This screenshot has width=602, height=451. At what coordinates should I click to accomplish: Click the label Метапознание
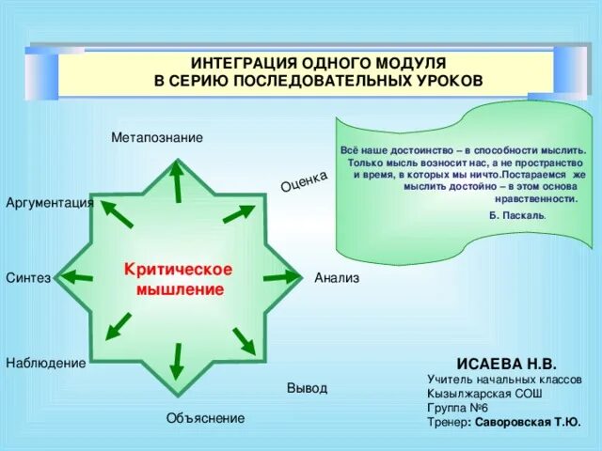(156, 138)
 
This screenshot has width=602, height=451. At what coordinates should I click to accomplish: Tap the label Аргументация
(49, 203)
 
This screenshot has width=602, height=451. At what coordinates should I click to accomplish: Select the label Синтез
(27, 278)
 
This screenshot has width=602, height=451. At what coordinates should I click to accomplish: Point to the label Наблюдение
(45, 363)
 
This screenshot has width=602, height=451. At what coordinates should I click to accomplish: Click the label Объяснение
(205, 418)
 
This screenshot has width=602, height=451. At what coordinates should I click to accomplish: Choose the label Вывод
(307, 388)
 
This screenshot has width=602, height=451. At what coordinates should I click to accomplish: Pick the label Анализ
(337, 278)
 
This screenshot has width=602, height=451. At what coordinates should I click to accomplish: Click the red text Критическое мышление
(179, 280)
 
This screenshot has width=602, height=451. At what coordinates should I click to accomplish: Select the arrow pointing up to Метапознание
(176, 183)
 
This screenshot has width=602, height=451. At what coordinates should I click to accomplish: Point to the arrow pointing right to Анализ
(280, 277)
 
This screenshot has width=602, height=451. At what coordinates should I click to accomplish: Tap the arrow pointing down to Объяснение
(177, 361)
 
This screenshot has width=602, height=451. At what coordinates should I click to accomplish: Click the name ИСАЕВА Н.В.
(507, 363)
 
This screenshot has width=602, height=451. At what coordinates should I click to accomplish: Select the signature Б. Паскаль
(516, 215)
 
